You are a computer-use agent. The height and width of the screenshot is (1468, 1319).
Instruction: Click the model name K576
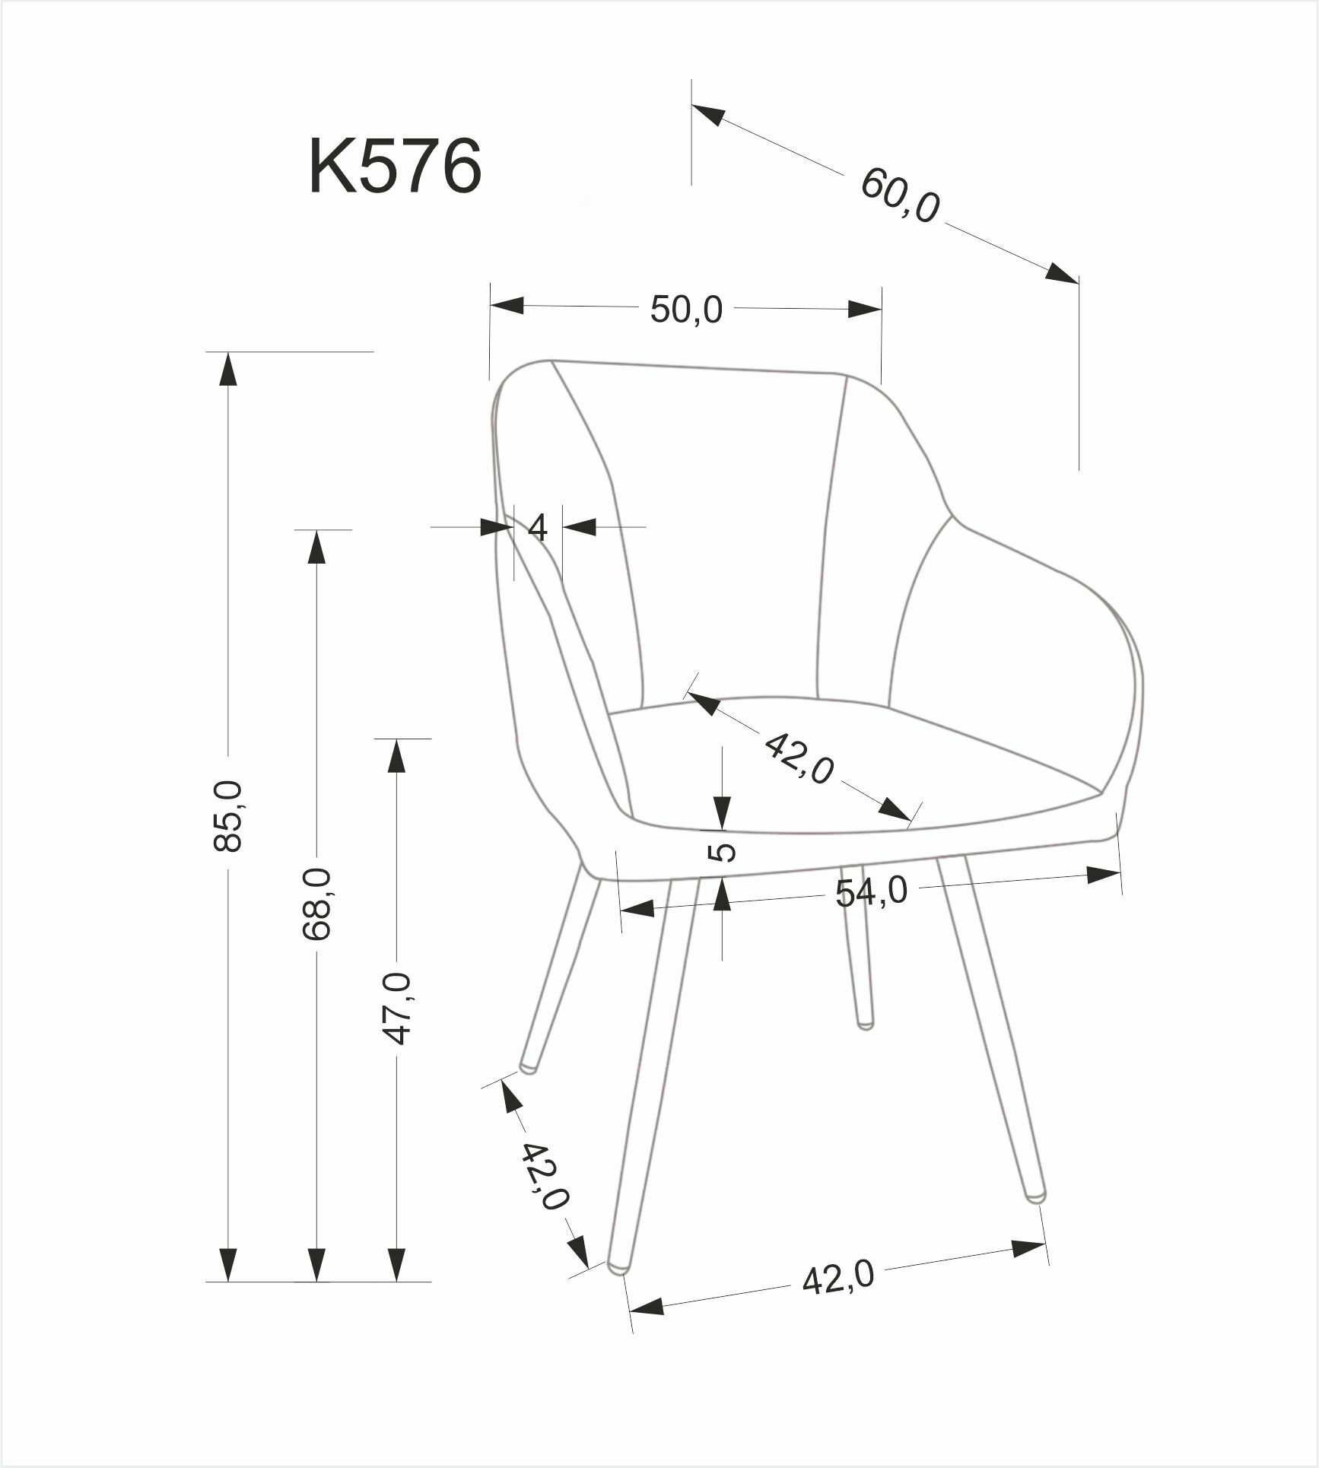(395, 167)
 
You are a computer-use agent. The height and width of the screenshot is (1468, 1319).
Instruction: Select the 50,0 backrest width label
(686, 310)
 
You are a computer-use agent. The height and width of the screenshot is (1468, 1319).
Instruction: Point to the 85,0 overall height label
(228, 815)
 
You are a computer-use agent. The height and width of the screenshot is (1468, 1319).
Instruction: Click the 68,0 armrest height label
(316, 904)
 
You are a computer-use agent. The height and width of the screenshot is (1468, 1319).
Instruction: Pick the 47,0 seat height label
(397, 1009)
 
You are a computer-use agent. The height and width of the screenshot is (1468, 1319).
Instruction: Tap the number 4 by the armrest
(537, 527)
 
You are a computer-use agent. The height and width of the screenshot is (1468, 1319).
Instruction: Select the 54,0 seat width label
(872, 891)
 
